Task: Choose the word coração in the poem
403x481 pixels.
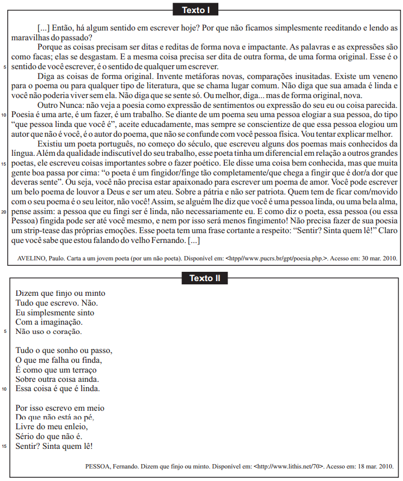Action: click(x=63, y=331)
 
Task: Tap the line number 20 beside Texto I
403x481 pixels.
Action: click(x=4, y=212)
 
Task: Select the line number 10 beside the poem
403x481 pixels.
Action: click(x=4, y=389)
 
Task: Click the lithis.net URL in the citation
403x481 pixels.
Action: click(x=289, y=466)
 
